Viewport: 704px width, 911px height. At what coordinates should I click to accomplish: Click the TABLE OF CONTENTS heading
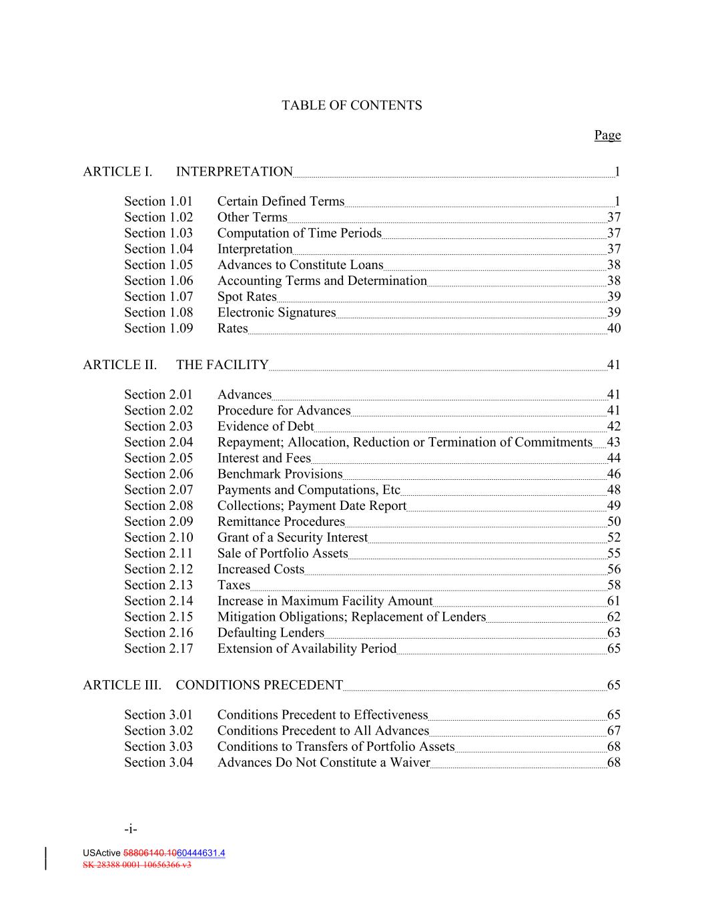(352, 105)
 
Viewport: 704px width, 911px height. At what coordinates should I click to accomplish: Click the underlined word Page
(607, 135)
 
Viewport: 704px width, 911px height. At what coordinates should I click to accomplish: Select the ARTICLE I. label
(117, 172)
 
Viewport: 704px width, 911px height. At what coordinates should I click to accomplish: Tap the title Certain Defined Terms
(281, 202)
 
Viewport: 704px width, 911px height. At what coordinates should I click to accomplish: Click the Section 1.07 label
(158, 296)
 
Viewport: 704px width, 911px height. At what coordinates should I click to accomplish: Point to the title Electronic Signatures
(276, 312)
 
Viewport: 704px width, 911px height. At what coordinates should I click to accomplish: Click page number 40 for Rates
(613, 328)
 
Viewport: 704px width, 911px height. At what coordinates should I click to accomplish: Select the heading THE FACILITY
(222, 365)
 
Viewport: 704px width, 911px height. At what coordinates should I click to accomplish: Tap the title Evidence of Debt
(266, 426)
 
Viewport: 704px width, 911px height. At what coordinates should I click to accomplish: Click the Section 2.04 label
(158, 442)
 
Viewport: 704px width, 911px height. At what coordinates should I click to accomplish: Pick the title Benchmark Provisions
(280, 474)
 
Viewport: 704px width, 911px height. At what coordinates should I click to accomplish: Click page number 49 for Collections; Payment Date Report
(613, 506)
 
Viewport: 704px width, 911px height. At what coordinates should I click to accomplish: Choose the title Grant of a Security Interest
(292, 538)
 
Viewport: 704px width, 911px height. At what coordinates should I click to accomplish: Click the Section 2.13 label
(158, 585)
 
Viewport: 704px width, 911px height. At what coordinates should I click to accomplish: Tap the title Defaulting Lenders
(270, 633)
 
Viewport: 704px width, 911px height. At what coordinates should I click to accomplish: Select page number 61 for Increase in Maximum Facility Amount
(613, 601)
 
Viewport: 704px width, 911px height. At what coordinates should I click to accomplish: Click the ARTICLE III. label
(122, 685)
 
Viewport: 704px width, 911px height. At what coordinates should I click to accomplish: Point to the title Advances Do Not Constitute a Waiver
(324, 763)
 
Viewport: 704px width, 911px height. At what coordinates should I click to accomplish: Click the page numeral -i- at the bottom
(131, 830)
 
